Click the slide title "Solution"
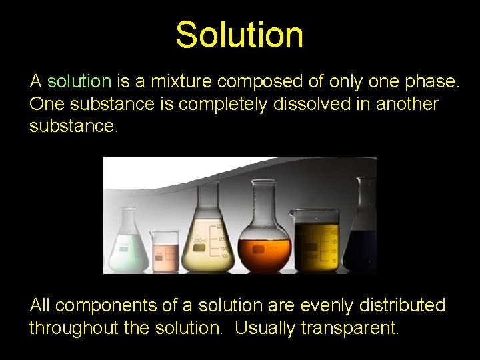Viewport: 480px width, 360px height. pos(239,35)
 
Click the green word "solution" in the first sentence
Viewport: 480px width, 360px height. pos(79,82)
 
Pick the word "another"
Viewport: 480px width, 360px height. pos(406,105)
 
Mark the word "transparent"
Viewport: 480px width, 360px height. pos(349,328)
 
